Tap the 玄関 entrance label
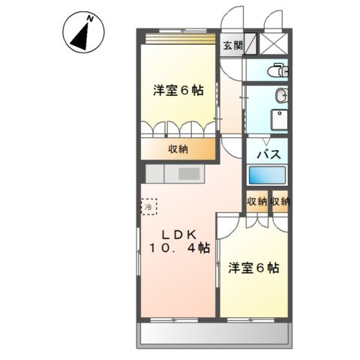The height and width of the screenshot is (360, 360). coord(232,45)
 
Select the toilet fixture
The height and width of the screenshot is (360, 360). coord(279,70)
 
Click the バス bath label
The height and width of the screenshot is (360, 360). coord(269,154)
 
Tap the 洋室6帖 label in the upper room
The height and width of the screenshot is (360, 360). coord(178,91)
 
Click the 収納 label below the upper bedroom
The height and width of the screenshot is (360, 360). coord(178,148)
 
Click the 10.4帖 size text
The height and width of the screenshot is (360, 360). coord(180,249)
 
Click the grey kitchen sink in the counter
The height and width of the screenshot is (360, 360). coord(188,174)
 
